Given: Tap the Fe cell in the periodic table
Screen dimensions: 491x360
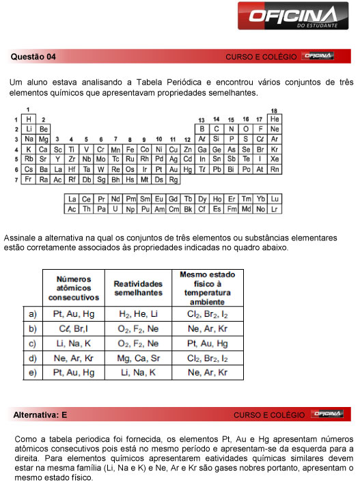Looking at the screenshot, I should pyautogui.click(x=130, y=149).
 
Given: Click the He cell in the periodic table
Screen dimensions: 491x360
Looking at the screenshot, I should pyautogui.click(x=275, y=119).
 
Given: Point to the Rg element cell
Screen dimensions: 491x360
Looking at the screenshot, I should pyautogui.click(x=174, y=180).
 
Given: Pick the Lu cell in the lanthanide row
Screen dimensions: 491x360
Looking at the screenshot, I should pyautogui.click(x=275, y=199).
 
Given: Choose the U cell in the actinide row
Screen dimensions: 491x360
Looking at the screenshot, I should pyautogui.click(x=115, y=209).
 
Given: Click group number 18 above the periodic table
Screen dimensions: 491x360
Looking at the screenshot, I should pyautogui.click(x=274, y=111).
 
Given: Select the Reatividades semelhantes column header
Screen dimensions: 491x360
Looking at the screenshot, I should pyautogui.click(x=138, y=287).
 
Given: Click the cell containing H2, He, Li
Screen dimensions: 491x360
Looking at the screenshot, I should pyautogui.click(x=138, y=313).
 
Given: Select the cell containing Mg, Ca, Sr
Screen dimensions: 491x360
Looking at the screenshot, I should pyautogui.click(x=138, y=358).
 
